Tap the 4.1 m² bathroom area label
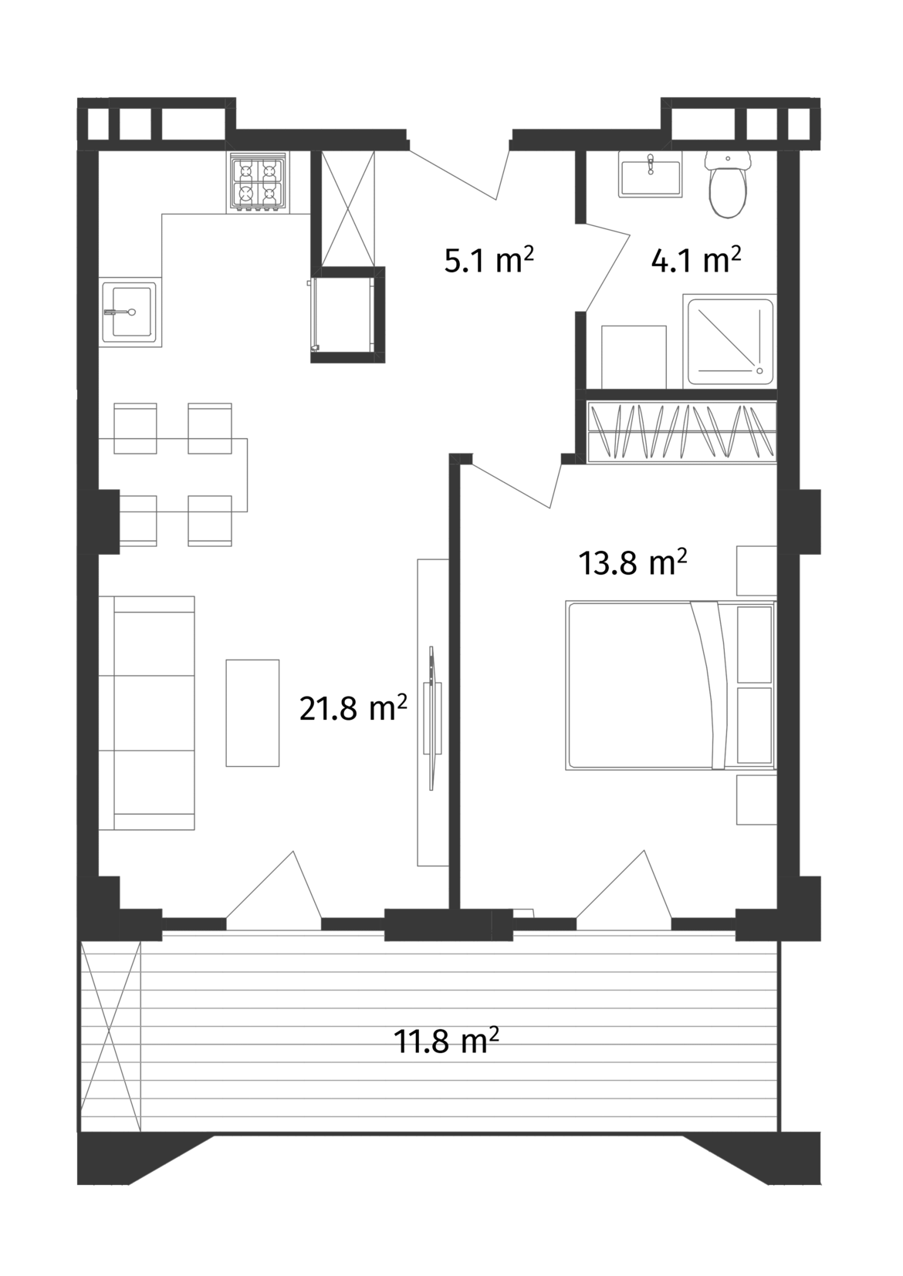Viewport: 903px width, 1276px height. click(696, 260)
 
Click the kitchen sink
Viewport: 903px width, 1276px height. click(130, 312)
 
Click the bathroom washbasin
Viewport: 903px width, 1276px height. click(650, 174)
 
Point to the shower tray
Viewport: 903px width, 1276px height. click(730, 341)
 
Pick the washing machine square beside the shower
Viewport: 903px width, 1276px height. click(633, 356)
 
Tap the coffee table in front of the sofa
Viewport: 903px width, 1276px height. click(252, 712)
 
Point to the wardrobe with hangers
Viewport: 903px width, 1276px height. click(681, 433)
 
